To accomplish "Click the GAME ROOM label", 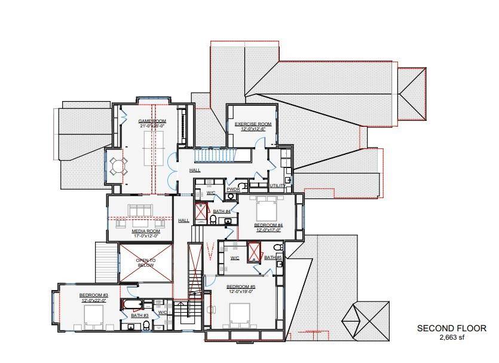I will click(151, 121).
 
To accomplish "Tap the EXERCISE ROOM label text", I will click(253, 124).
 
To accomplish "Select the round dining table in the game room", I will click(118, 165).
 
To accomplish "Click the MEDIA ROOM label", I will click(145, 231).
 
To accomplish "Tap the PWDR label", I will click(232, 189).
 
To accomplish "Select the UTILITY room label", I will click(277, 186).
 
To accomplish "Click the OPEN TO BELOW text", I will click(145, 261).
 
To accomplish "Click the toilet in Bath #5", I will click(277, 248).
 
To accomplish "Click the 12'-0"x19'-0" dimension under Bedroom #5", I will click(240, 291).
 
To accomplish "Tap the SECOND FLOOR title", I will click(451, 328).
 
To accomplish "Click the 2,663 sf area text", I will click(451, 337).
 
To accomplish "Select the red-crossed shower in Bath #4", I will click(201, 212).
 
